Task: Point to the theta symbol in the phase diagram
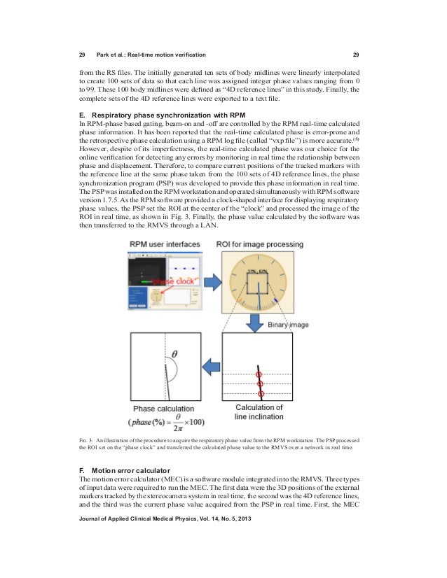pos(174,353)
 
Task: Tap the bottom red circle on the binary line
pos(261,393)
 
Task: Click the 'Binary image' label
pos(289,325)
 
